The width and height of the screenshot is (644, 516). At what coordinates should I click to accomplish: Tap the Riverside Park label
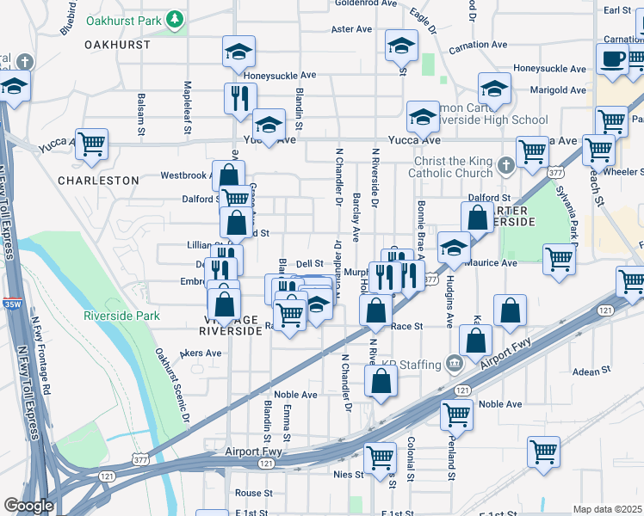tap(121, 316)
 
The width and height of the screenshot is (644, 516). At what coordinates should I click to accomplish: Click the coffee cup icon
tap(612, 59)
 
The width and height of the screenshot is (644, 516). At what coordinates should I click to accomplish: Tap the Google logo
tap(28, 506)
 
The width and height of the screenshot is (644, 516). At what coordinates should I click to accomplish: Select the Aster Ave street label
tap(351, 28)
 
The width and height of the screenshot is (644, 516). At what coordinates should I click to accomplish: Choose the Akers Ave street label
tap(203, 353)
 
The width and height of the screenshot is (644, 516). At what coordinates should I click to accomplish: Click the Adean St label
tap(591, 371)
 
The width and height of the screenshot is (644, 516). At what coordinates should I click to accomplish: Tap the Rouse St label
tap(253, 494)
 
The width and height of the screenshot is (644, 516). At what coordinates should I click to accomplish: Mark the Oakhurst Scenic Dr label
tap(171, 384)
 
